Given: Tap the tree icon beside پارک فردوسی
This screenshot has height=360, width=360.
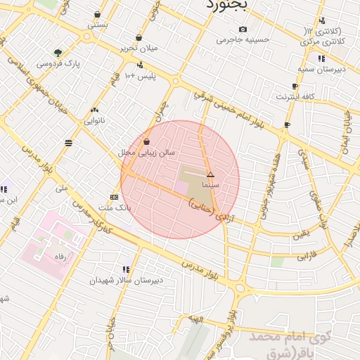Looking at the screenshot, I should coord(58,53).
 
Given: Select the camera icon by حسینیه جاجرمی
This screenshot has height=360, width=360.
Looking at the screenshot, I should coord(243,30).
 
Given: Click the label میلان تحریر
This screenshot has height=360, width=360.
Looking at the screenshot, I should coord(139,49).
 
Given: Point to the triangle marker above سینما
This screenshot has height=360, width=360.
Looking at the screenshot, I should coord(210,174).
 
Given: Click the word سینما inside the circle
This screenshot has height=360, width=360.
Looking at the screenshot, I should coord(210,184).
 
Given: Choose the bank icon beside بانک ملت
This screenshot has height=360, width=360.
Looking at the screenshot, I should coord(114,197).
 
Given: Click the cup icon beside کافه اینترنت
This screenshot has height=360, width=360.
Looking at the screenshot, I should coord(295,86).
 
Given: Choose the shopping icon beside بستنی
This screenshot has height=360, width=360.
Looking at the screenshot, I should coord(96,14).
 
